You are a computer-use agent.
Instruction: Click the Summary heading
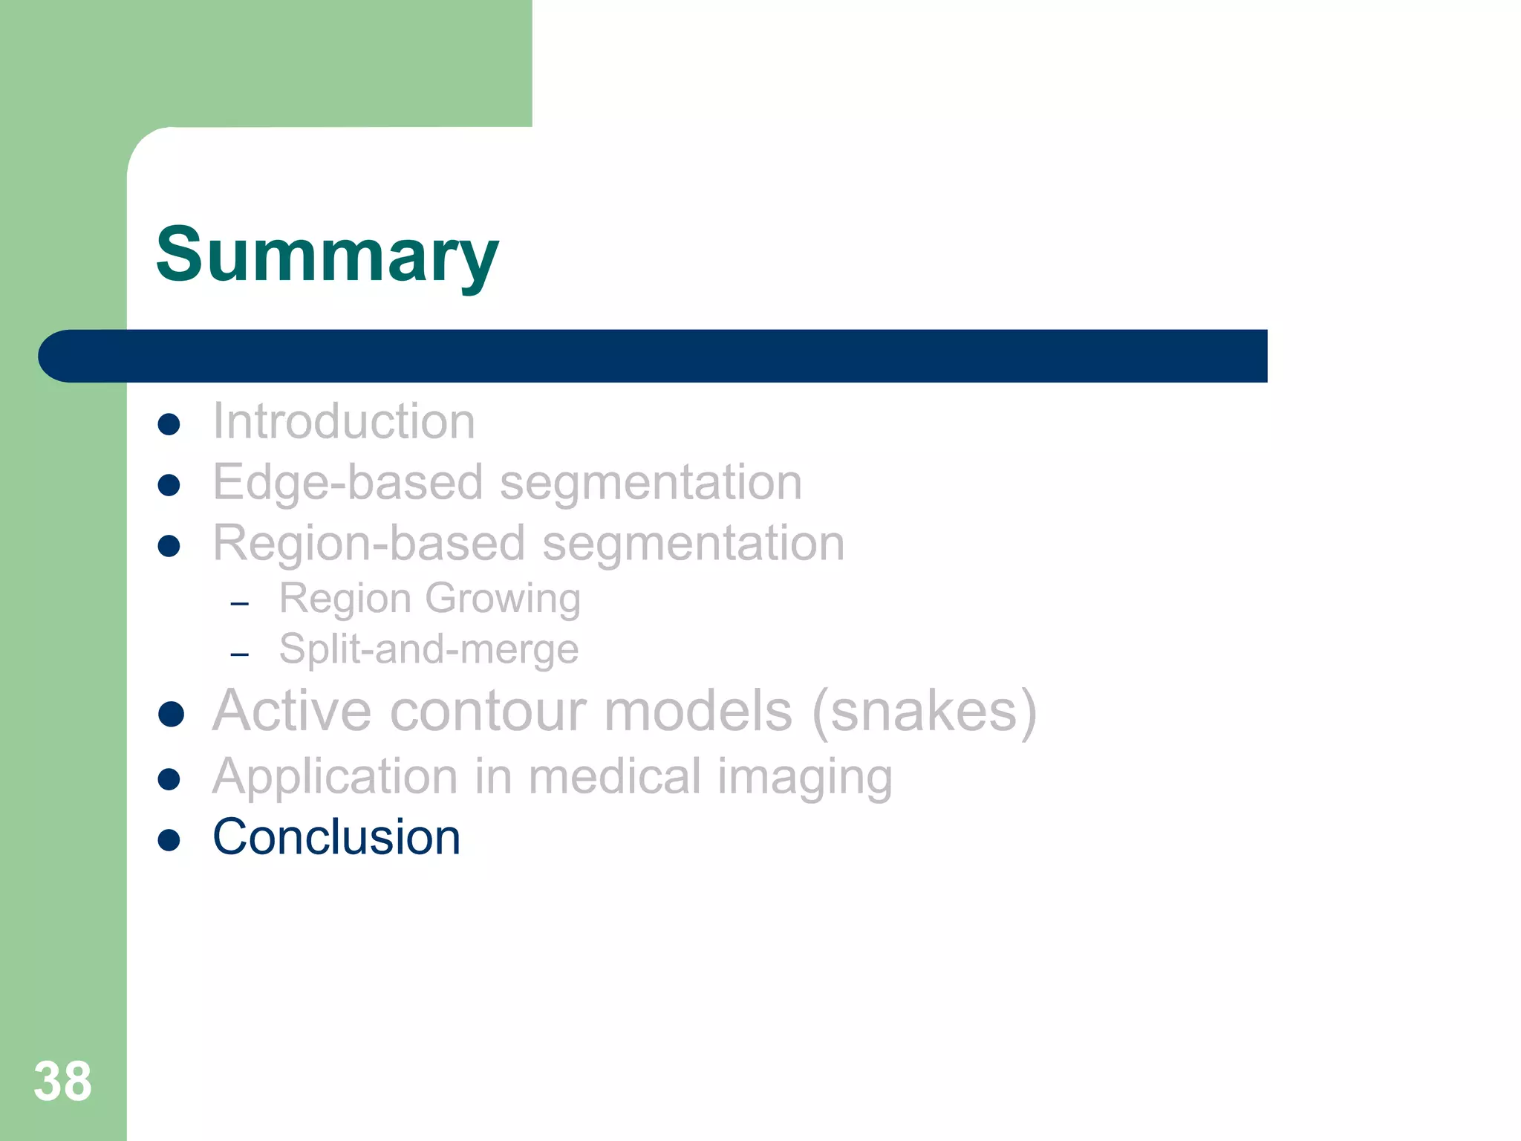click(x=327, y=255)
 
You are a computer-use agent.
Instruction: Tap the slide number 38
click(x=62, y=1082)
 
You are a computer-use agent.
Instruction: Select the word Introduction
click(x=343, y=421)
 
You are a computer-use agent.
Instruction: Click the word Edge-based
click(x=348, y=482)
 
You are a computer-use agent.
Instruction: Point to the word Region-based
click(x=369, y=543)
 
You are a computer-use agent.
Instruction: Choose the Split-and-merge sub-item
click(x=429, y=649)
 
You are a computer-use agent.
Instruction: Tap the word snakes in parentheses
click(x=924, y=711)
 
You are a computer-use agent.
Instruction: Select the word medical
click(x=614, y=776)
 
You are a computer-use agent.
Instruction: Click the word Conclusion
click(x=336, y=837)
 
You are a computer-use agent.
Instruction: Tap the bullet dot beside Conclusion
click(x=169, y=840)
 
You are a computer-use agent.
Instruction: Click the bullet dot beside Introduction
click(x=169, y=424)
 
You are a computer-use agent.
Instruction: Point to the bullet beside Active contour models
click(x=171, y=714)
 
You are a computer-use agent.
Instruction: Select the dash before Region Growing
click(x=239, y=604)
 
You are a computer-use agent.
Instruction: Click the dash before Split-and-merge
click(x=239, y=654)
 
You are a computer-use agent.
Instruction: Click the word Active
click(x=291, y=711)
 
